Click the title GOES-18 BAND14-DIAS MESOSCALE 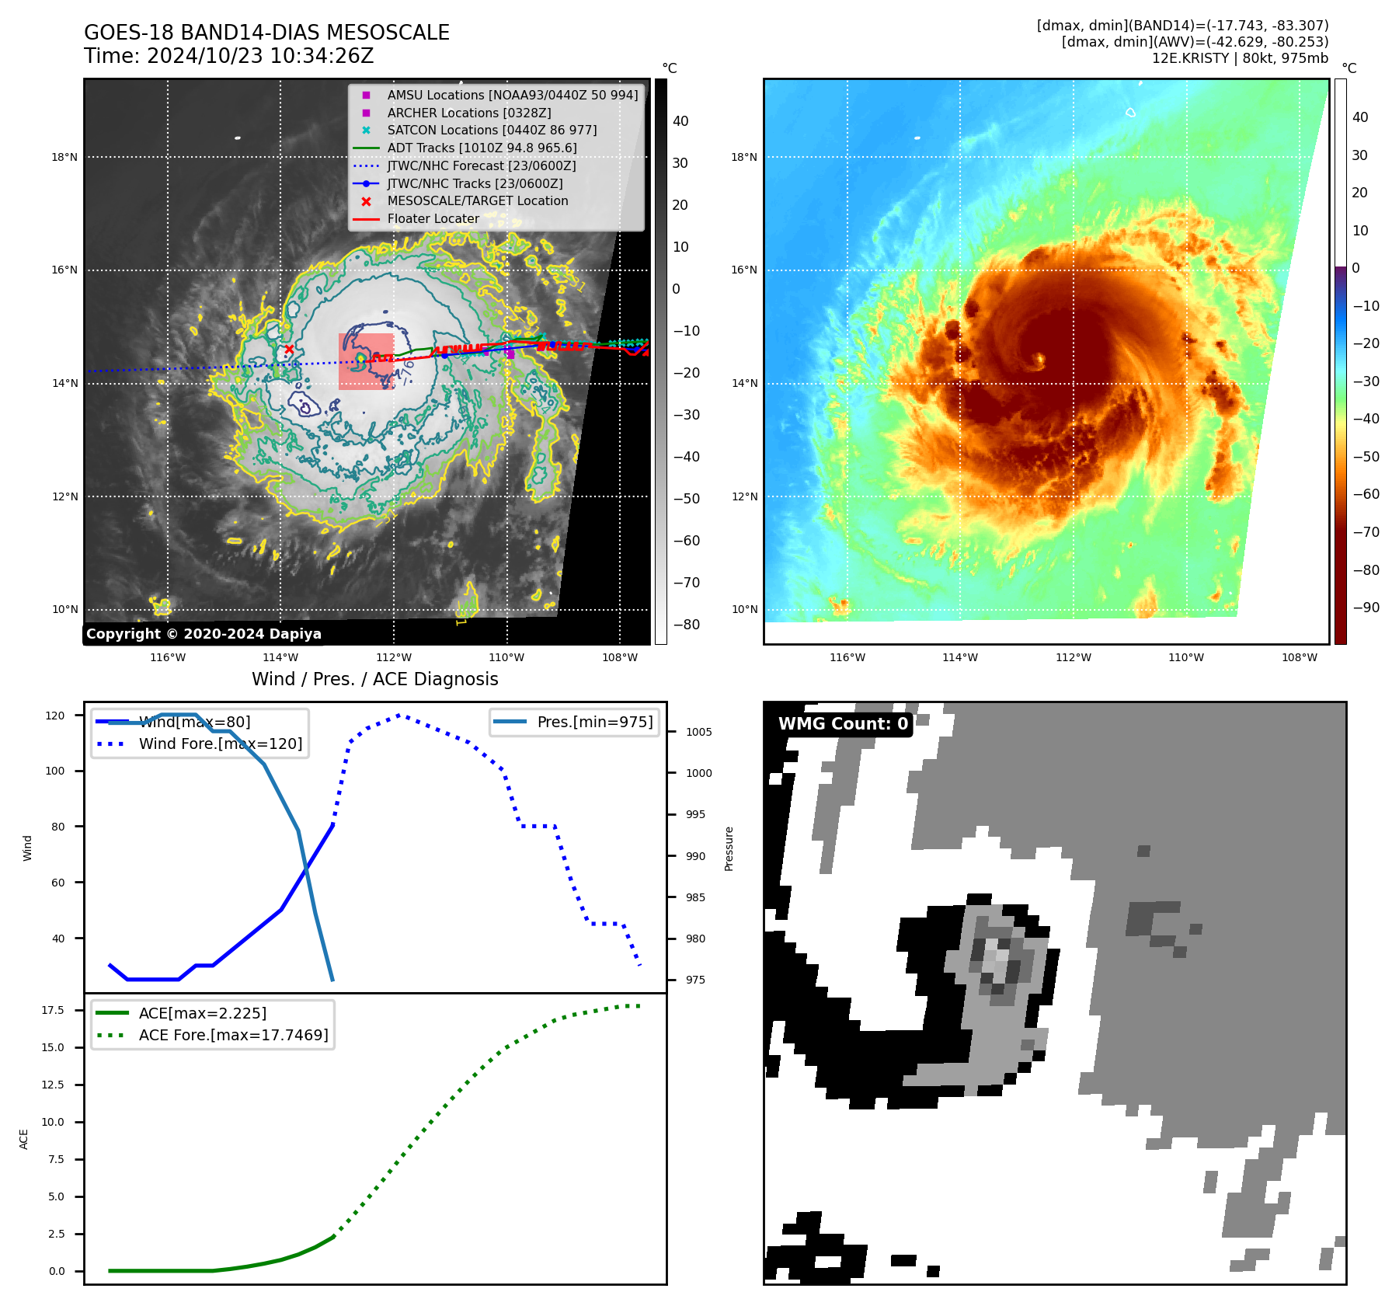pyautogui.click(x=266, y=33)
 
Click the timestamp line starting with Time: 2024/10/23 pyautogui.click(x=228, y=56)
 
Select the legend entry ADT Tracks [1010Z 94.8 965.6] pyautogui.click(x=482, y=148)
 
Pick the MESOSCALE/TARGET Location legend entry pyautogui.click(x=477, y=200)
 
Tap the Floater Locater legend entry pyautogui.click(x=433, y=218)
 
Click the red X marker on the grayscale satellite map pyautogui.click(x=289, y=350)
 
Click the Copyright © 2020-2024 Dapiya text pyautogui.click(x=204, y=634)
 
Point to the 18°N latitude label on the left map pyautogui.click(x=64, y=157)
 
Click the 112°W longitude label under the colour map pyautogui.click(x=1073, y=657)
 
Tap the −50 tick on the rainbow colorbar pyautogui.click(x=1366, y=457)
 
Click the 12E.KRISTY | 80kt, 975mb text pyautogui.click(x=1240, y=58)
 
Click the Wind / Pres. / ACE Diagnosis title pyautogui.click(x=374, y=679)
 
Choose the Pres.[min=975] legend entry pyautogui.click(x=594, y=722)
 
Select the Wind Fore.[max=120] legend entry pyautogui.click(x=220, y=744)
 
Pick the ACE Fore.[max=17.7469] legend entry pyautogui.click(x=233, y=1035)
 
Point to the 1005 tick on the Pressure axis pyautogui.click(x=698, y=732)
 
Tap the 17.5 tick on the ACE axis pyautogui.click(x=53, y=1010)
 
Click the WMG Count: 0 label pyautogui.click(x=843, y=724)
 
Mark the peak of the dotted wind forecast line pyautogui.click(x=399, y=715)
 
